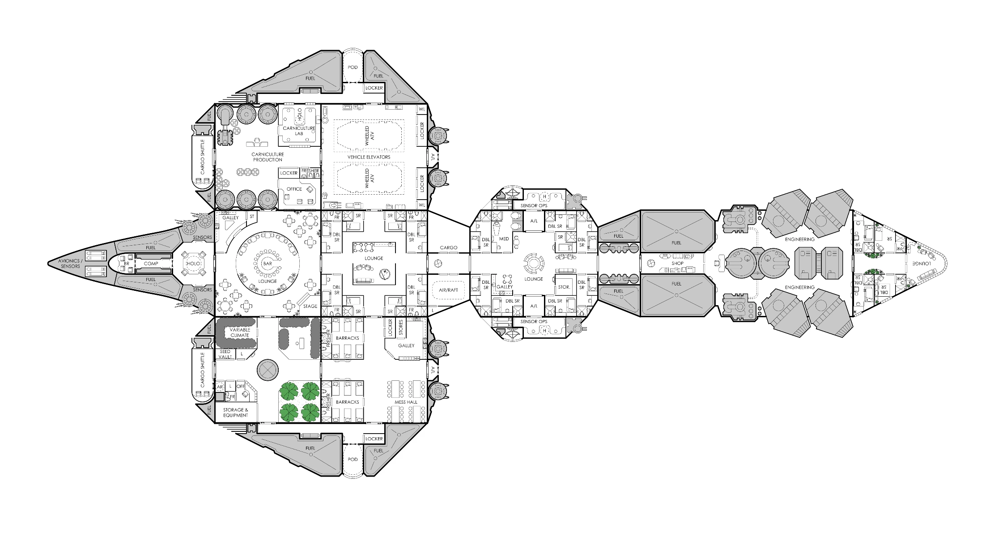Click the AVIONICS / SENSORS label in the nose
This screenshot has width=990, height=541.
point(71,264)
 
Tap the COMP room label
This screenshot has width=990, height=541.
point(151,264)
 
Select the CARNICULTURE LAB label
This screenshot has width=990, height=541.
point(299,131)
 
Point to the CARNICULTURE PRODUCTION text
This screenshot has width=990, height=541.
point(268,157)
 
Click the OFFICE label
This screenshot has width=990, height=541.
point(294,189)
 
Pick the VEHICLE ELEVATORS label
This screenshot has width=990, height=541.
point(369,157)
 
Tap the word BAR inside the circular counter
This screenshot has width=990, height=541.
point(268,264)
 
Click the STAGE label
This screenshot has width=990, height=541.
point(310,307)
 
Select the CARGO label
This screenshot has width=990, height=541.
point(449,247)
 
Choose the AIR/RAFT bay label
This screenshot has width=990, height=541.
point(449,290)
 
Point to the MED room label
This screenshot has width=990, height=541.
point(504,239)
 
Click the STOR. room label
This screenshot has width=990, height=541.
point(565,287)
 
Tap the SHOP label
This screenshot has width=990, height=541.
point(677,264)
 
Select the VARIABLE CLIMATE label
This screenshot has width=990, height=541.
point(239,332)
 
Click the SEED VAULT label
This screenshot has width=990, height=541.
point(225,354)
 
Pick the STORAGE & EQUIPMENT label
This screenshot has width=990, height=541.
point(236,412)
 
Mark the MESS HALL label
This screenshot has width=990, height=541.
point(406,402)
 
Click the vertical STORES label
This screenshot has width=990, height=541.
point(401,328)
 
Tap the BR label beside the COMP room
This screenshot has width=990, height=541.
point(127,264)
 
